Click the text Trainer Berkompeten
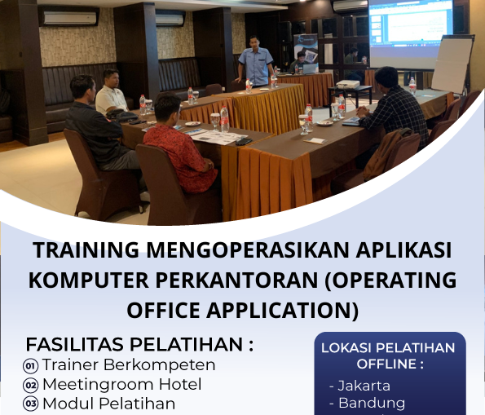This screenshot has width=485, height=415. (x=129, y=364)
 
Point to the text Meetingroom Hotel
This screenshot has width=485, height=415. (x=122, y=384)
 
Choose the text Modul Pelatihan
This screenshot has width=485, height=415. (x=108, y=404)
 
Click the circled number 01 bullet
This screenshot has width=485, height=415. (x=31, y=365)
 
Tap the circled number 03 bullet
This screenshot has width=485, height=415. (x=31, y=404)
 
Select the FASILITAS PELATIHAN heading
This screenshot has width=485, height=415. (x=139, y=343)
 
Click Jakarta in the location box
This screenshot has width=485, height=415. (x=359, y=386)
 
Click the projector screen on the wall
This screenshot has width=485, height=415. (x=411, y=33)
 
